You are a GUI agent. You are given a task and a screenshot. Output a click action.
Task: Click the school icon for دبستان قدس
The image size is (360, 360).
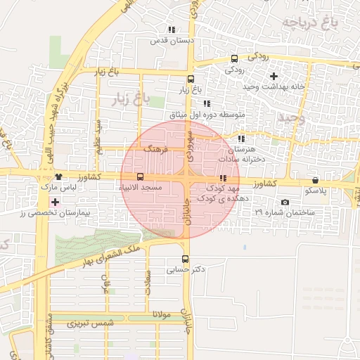172,30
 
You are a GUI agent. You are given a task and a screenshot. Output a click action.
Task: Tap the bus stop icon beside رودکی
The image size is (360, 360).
234,58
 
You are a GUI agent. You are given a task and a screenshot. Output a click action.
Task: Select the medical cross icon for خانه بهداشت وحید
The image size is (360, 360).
274,75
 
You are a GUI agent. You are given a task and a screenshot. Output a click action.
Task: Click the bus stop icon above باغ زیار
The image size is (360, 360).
191,79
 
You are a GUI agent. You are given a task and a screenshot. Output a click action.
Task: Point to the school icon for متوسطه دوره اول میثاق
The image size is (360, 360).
206,103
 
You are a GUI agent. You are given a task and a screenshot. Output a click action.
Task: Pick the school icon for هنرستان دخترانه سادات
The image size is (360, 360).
242,139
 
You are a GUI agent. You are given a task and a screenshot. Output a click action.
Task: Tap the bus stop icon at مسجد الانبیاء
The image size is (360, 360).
140,176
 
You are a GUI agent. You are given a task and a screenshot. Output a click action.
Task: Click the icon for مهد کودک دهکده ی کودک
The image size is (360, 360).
223,179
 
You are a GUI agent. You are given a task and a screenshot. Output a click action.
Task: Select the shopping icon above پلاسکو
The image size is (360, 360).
314,180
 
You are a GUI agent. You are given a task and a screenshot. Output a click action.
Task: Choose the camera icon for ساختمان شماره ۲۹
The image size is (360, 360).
285,202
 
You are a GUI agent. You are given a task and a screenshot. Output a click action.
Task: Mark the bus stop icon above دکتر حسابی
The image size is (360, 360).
185,258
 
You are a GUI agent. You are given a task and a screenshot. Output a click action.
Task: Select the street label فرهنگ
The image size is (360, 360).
153,150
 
